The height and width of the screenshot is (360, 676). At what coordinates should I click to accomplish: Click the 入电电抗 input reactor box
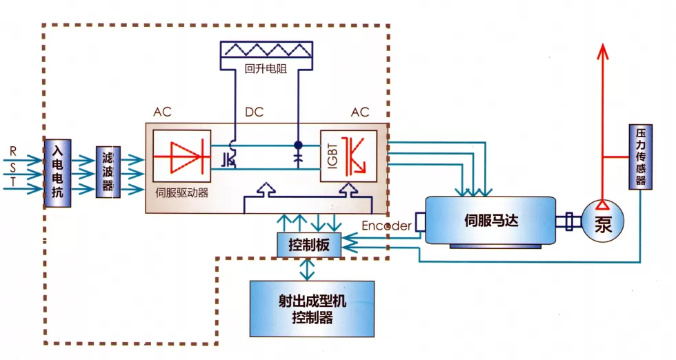57,172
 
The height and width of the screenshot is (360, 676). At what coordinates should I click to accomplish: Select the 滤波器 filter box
108,172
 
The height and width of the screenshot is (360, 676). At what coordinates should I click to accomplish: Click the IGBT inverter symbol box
348,155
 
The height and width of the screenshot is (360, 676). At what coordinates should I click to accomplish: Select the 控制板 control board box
308,244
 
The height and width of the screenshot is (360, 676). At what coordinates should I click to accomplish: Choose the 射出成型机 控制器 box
312,308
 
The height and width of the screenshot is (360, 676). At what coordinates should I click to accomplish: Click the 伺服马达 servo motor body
490,221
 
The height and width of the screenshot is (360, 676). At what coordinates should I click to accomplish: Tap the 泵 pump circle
604,221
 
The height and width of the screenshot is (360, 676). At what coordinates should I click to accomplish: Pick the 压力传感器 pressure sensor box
641,157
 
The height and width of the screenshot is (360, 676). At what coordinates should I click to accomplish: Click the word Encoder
386,226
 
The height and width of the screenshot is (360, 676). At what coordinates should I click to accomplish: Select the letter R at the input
12,150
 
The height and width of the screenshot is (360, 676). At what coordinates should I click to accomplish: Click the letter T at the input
12,182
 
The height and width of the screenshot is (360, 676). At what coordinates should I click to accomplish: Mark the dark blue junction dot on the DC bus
298,145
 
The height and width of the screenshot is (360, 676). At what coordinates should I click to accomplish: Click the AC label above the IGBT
360,112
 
